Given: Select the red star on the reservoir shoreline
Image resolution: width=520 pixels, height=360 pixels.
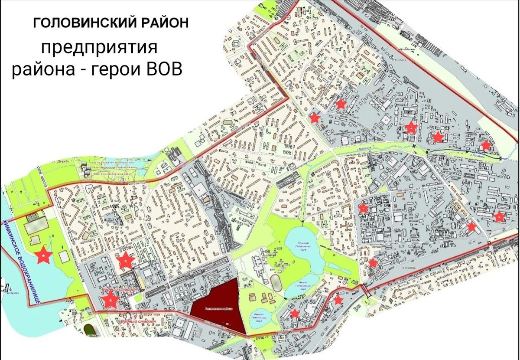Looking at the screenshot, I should tap(44, 256).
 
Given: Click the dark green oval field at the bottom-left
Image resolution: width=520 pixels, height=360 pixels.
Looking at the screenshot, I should tap(89, 330).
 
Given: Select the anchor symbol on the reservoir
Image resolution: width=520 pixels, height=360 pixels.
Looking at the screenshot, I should tap(8, 286).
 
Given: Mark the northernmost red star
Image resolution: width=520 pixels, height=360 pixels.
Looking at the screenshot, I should tap(341, 104).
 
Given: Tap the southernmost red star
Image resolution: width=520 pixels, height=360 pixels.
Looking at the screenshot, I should tap(295, 314).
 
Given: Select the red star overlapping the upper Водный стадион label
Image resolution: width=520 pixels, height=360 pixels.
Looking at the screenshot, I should tap(110, 300).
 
